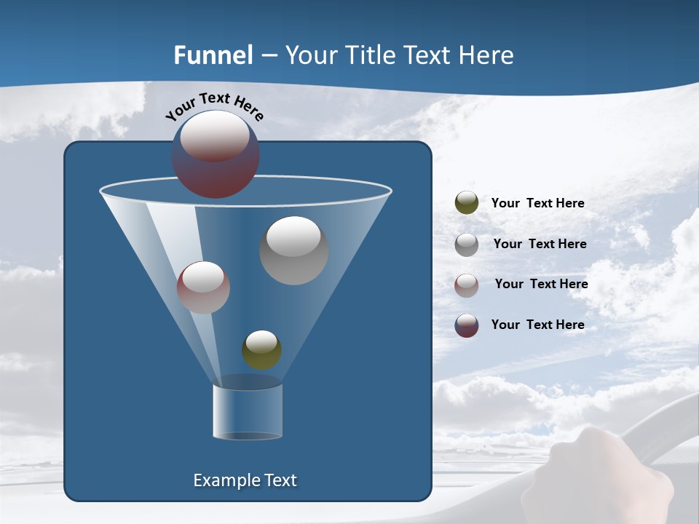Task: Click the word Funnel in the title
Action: pos(213,55)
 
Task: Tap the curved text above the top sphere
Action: pos(215,106)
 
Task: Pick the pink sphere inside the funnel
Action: pos(203,287)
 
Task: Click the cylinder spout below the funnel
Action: pos(248,412)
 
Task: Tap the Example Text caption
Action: pos(245,480)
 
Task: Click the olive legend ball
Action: pos(466,203)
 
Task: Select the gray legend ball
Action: pos(466,244)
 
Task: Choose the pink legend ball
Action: pos(466,285)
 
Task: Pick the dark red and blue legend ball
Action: pos(466,325)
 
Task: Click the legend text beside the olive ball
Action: pos(537,204)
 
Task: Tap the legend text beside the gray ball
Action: pos(540,245)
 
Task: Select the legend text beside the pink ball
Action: pos(541,285)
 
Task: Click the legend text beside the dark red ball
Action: pos(537,325)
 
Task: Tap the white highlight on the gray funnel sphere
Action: pos(293,237)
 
